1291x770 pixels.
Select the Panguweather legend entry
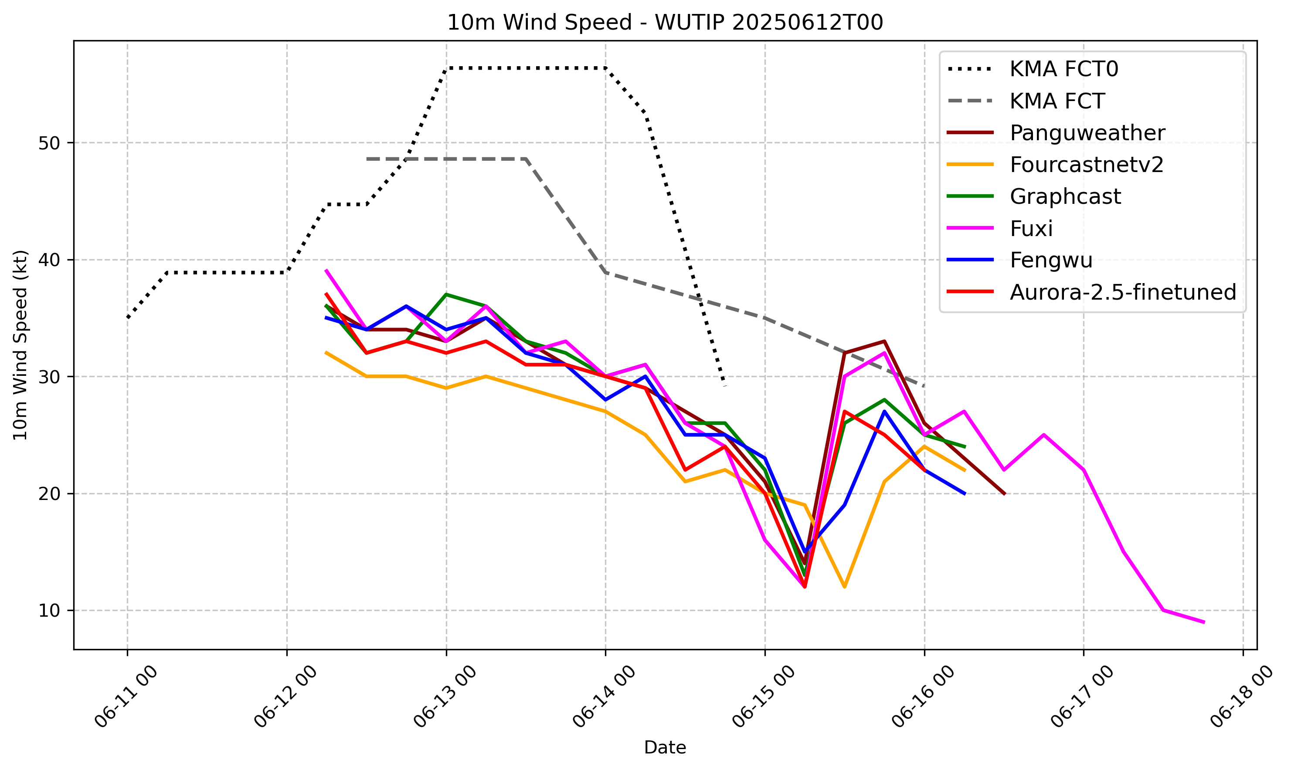click(x=1087, y=133)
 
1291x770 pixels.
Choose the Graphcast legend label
click(x=1065, y=197)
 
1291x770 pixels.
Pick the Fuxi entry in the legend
click(x=1031, y=229)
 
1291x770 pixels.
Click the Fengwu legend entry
click(x=1051, y=260)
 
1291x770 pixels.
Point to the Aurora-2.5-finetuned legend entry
click(x=1122, y=293)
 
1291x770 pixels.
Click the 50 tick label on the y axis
click(x=49, y=143)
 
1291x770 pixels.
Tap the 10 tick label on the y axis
click(x=49, y=611)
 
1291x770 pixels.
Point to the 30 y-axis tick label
click(x=49, y=377)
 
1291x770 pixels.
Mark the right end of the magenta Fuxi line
click(x=1204, y=621)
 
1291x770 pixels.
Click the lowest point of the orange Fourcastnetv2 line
click(x=845, y=587)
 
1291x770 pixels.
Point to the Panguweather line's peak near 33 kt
click(x=884, y=341)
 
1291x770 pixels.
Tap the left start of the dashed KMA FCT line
click(x=367, y=159)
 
